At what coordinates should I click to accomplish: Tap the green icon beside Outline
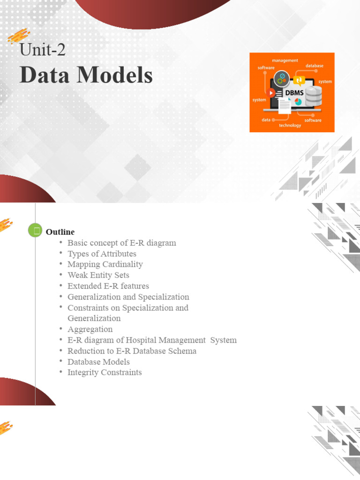[35, 230]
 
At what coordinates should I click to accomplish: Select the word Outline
[60, 232]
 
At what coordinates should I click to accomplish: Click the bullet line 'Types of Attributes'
[102, 254]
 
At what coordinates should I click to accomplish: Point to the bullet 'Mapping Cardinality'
[105, 264]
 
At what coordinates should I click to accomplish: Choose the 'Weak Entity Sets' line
[98, 275]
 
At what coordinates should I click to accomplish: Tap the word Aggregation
[90, 329]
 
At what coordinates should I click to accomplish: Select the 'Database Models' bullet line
[98, 361]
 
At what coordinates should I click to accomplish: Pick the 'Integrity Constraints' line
[105, 372]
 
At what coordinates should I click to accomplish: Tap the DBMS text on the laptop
[294, 92]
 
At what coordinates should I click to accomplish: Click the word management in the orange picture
[285, 60]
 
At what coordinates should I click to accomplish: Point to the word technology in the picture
[290, 125]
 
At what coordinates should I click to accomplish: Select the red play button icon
[271, 93]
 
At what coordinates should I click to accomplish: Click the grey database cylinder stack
[314, 96]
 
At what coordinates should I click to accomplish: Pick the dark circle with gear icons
[282, 78]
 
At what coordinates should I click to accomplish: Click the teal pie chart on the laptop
[298, 102]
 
